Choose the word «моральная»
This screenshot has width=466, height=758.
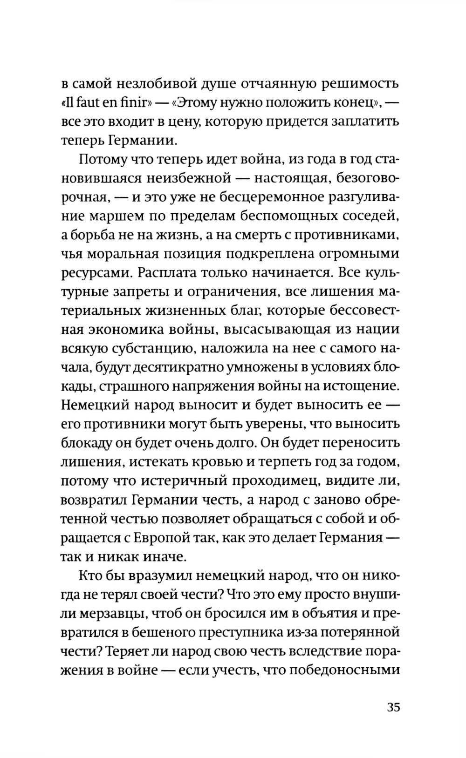pos(123,254)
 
